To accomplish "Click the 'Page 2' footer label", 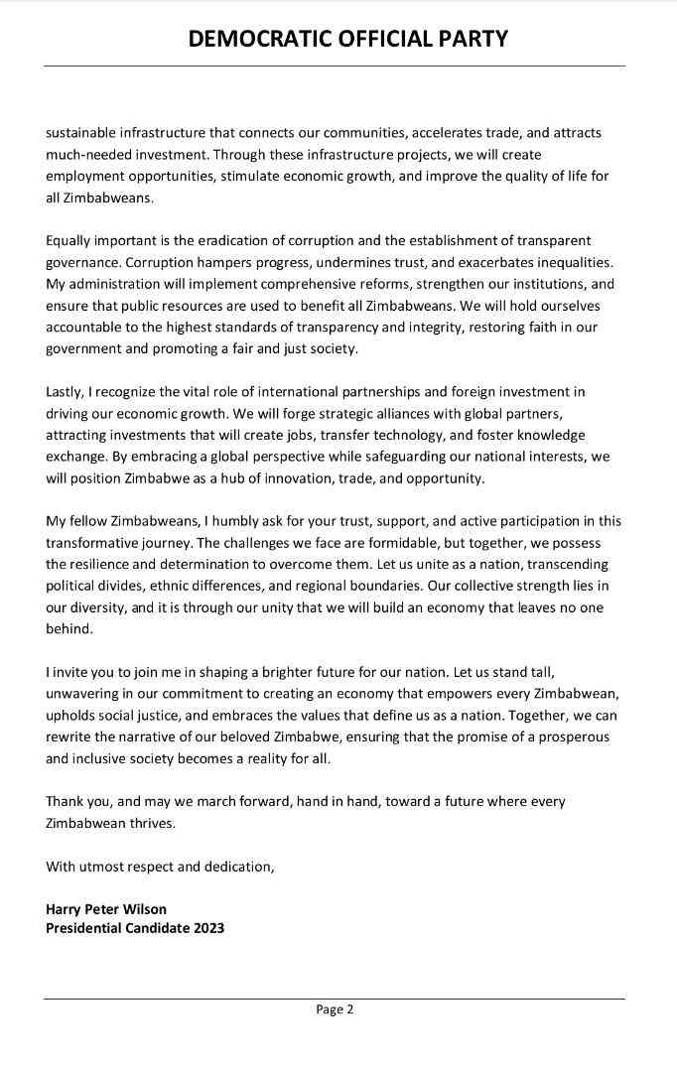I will pyautogui.click(x=335, y=1010).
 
